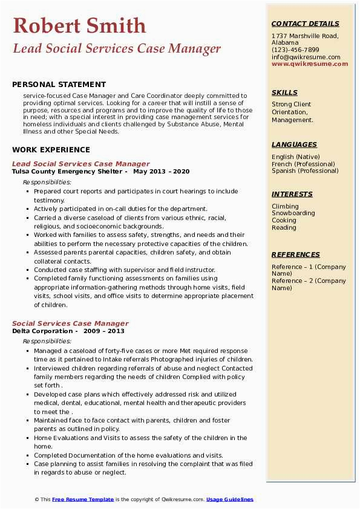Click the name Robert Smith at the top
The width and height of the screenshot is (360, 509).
(x=79, y=25)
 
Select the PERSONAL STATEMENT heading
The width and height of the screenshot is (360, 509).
(x=59, y=85)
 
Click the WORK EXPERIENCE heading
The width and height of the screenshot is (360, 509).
(x=51, y=149)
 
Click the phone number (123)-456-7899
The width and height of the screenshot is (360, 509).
(x=295, y=50)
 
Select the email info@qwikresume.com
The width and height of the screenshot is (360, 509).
(x=306, y=57)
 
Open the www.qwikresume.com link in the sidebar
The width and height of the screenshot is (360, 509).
(x=306, y=64)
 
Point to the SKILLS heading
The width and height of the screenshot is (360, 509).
(x=284, y=92)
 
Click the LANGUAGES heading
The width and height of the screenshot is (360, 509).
(x=294, y=144)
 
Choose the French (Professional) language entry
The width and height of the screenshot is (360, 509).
(x=303, y=164)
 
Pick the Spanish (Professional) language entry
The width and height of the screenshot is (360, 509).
(x=305, y=171)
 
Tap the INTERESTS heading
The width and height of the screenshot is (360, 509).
(x=292, y=194)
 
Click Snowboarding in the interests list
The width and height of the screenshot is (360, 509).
(x=293, y=213)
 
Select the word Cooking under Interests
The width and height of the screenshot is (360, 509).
(x=284, y=221)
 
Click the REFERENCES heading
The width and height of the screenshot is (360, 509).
(x=296, y=254)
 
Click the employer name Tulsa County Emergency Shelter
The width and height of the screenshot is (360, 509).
(x=67, y=171)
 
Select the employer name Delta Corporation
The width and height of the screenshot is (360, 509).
(x=42, y=331)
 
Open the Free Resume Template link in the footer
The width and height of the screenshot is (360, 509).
(x=83, y=499)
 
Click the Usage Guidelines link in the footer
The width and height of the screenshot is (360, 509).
(x=230, y=499)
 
